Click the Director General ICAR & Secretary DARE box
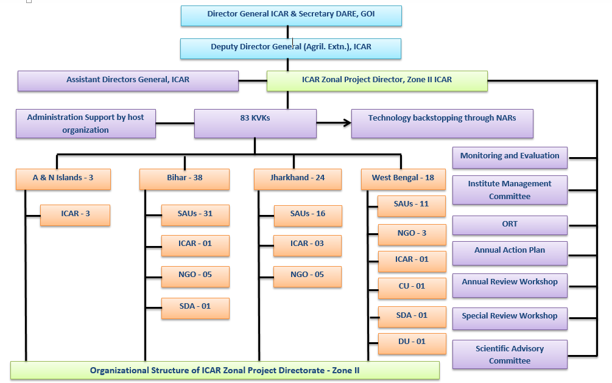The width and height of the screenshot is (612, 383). point(291,15)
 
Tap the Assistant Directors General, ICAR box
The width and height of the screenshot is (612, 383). point(128,80)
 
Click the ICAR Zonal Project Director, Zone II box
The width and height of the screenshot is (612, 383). point(377,80)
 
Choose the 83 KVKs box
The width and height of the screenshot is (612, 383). point(255,123)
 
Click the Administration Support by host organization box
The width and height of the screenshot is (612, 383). point(86,124)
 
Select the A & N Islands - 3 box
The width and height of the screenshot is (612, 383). point(63,179)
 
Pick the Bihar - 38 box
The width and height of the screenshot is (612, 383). point(185,179)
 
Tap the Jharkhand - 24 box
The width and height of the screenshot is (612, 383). point(298,179)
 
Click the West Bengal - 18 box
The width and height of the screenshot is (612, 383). point(404,178)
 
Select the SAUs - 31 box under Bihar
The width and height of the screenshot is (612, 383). point(195,214)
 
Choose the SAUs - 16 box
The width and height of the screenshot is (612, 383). point(308,215)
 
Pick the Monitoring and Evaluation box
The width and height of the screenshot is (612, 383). point(510,156)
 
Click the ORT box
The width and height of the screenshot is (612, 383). point(510,225)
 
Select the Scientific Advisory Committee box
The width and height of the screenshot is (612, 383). point(510,354)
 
